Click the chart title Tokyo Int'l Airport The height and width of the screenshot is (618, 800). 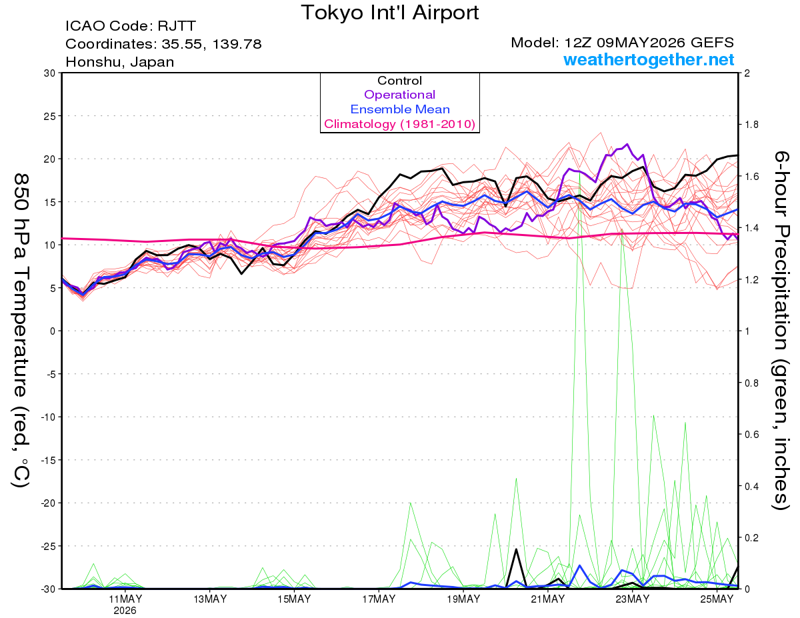390,13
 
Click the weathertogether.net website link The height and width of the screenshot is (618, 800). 649,59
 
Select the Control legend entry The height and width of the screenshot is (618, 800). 399,81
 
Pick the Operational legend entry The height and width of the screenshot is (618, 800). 399,95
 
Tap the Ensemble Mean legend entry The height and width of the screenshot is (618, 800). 400,109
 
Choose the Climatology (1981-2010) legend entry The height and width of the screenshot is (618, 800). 399,124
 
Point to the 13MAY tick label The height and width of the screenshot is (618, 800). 210,599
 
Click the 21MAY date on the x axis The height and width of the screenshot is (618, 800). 547,599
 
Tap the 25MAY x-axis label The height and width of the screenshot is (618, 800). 717,599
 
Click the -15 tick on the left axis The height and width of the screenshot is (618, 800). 48,460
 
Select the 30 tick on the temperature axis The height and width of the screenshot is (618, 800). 49,73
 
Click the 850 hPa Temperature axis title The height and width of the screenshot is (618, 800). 21,331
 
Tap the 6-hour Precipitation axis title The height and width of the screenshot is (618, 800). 781,331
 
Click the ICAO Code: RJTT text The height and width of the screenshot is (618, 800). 131,26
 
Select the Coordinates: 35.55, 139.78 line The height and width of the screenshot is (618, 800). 163,44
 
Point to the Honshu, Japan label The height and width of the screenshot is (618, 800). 119,62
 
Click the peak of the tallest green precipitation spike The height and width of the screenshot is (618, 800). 579,172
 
